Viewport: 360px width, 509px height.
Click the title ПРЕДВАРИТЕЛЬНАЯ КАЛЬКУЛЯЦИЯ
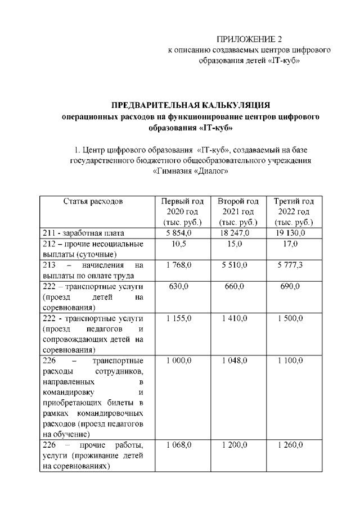[191, 105]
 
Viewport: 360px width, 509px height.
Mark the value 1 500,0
[290, 318]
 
